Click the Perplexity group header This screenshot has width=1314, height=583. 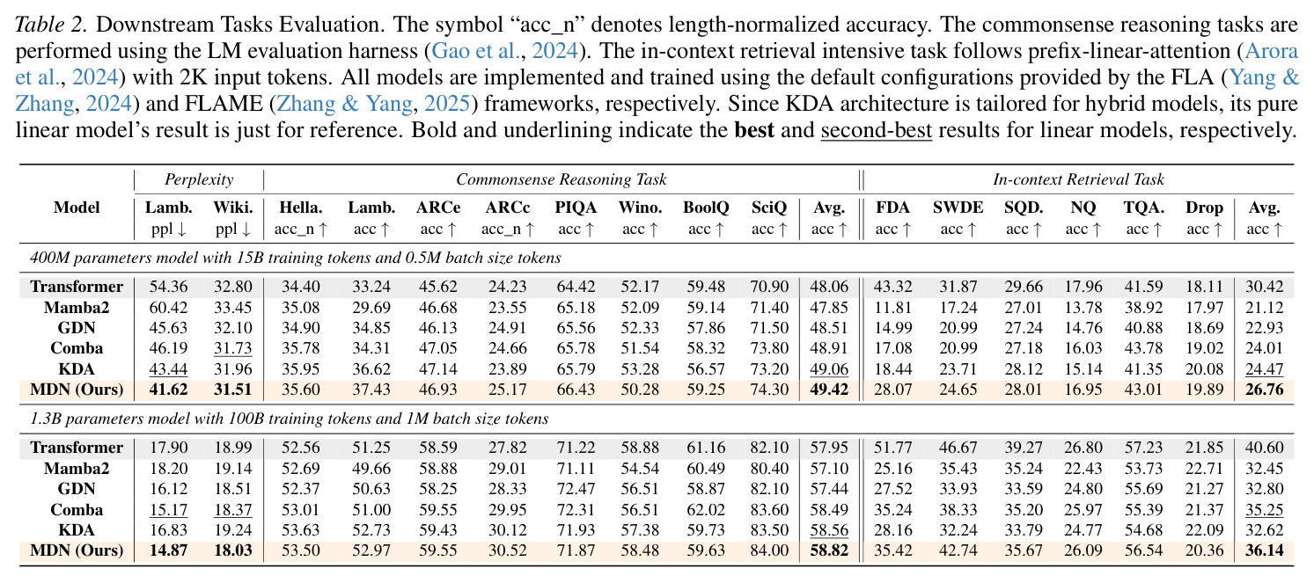click(x=199, y=179)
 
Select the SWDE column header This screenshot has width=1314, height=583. click(x=958, y=208)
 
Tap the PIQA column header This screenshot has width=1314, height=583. click(x=576, y=208)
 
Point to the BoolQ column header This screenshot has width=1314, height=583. click(x=706, y=208)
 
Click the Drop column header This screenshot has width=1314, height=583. click(x=1204, y=208)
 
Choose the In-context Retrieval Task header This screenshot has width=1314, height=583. click(x=1078, y=179)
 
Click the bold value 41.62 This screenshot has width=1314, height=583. click(x=168, y=390)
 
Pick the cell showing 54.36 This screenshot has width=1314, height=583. click(x=168, y=287)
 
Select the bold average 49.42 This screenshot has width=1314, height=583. click(x=829, y=390)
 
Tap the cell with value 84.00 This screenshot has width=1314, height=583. click(x=769, y=550)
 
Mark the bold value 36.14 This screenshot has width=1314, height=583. click(x=1264, y=550)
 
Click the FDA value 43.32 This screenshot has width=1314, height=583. click(x=892, y=287)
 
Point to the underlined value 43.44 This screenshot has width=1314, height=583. click(x=168, y=369)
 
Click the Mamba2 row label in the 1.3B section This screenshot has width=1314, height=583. click(x=77, y=468)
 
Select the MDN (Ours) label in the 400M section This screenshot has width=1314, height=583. click(x=77, y=390)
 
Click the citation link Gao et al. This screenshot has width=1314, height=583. click(x=476, y=51)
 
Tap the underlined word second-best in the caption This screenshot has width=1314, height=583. click(x=877, y=129)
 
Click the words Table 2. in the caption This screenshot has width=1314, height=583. click(x=51, y=25)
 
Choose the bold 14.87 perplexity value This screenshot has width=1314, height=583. click(x=168, y=550)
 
